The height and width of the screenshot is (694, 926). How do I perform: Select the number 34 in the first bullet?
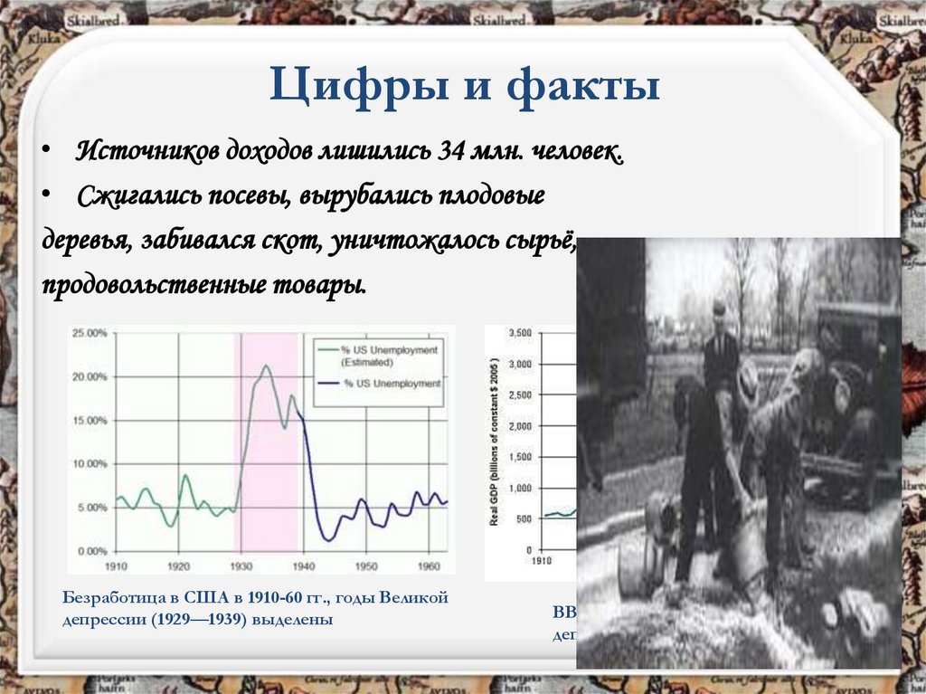(x=450, y=151)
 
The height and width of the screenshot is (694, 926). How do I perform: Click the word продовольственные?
(x=154, y=285)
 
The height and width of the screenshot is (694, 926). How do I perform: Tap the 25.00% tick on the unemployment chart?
(x=90, y=333)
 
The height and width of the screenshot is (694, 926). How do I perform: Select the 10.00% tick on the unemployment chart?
(x=90, y=464)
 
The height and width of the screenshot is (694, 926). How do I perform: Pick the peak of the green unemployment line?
(x=266, y=366)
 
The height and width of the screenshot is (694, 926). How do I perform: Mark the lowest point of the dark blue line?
(x=329, y=540)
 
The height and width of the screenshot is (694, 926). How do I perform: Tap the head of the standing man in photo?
(x=719, y=309)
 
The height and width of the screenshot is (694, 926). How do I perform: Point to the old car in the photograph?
(x=855, y=380)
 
